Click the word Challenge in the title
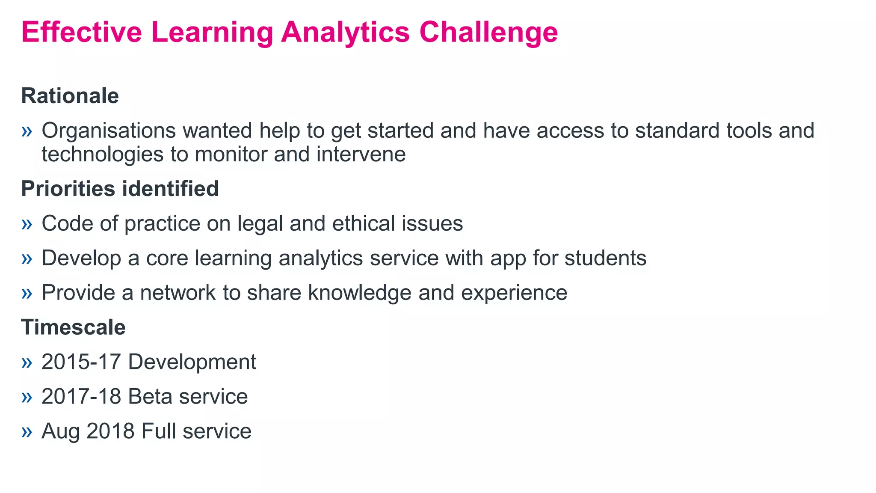pos(488,33)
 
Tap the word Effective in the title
pos(82,33)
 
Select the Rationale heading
pos(70,95)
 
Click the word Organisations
pos(109,131)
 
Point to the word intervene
pos(361,154)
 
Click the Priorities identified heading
pos(120,189)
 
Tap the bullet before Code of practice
pos(27,224)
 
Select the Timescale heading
pos(73,327)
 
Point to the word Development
pos(192,362)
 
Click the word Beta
pos(150,397)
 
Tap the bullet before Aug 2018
pos(27,431)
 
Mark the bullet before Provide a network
pos(27,293)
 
